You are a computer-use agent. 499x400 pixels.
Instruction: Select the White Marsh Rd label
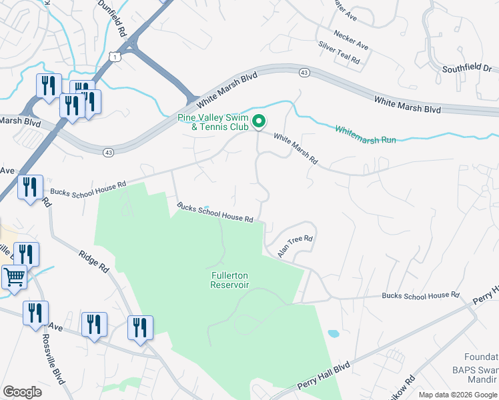pyautogui.click(x=296, y=149)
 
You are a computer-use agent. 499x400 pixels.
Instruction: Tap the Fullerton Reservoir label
pyautogui.click(x=229, y=280)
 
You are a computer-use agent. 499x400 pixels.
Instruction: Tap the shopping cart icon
pyautogui.click(x=14, y=277)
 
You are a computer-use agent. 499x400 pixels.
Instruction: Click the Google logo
pyautogui.click(x=22, y=392)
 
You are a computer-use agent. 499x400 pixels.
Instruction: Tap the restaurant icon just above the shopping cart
pyautogui.click(x=26, y=253)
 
